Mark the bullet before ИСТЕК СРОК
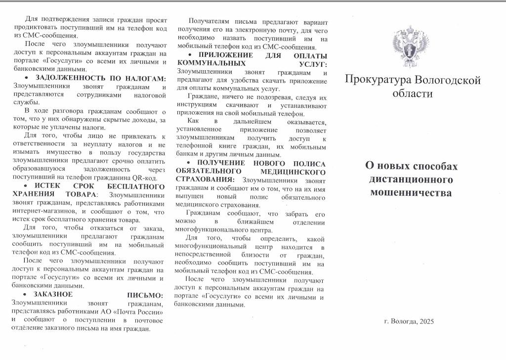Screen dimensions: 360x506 tap(27, 186)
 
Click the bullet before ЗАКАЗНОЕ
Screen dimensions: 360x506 tap(27, 295)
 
